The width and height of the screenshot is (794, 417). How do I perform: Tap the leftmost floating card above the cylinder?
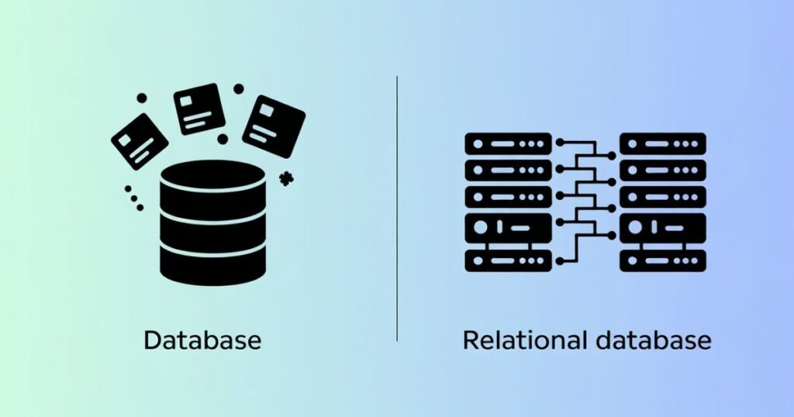pos(140,141)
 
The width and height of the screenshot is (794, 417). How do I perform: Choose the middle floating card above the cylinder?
pos(199,109)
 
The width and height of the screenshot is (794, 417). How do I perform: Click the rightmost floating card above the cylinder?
pos(274,126)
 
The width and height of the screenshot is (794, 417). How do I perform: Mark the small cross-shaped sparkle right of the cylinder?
pos(287,177)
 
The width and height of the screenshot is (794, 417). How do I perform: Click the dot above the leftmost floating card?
pos(141,98)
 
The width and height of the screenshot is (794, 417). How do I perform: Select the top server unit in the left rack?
pos(508,144)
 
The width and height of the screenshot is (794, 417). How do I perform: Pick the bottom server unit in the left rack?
pos(508,260)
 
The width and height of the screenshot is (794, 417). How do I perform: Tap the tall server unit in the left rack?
pos(508,228)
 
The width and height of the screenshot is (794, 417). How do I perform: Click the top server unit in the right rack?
pos(663,144)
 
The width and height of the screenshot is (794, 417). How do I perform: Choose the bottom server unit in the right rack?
pos(663,260)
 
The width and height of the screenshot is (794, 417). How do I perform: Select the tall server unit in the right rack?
pos(663,228)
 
